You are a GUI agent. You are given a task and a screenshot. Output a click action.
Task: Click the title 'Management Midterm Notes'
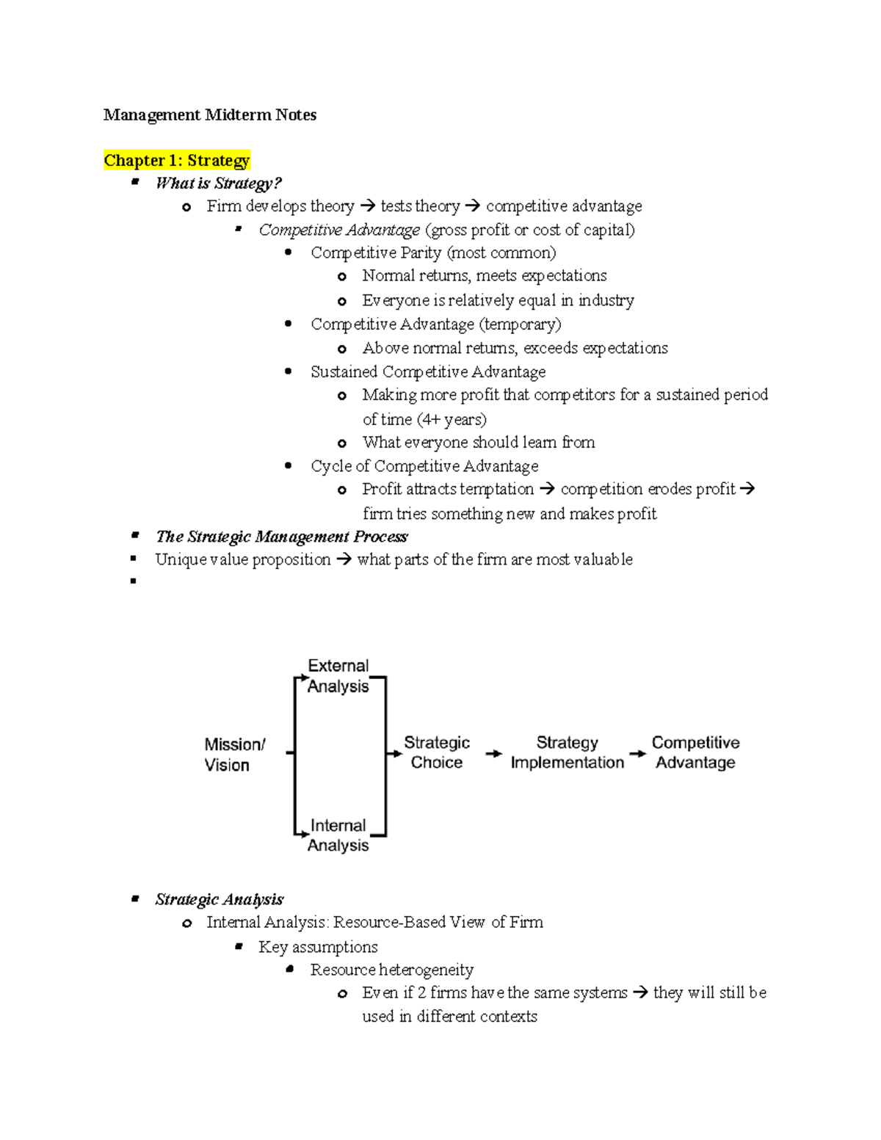click(210, 115)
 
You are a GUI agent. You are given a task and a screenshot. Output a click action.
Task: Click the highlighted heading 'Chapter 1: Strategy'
click(177, 161)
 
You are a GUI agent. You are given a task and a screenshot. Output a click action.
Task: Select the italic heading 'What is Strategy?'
click(218, 184)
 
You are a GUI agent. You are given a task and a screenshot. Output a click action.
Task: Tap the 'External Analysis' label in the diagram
click(338, 676)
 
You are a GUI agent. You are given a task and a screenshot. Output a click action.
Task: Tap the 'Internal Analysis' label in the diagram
click(338, 835)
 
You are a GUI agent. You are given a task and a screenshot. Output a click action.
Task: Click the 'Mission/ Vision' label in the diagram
click(234, 755)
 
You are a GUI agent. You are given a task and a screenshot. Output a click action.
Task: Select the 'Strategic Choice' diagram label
click(437, 752)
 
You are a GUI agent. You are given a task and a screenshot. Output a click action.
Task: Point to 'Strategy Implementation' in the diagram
click(568, 752)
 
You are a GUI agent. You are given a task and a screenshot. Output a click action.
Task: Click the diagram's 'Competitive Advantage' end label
click(695, 752)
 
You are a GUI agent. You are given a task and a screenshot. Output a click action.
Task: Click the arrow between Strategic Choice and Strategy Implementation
click(494, 754)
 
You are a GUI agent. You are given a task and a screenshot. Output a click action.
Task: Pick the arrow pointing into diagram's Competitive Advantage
click(637, 754)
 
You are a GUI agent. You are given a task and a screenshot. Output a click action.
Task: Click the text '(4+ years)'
click(452, 420)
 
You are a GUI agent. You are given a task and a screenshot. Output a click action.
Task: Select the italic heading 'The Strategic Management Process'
click(281, 537)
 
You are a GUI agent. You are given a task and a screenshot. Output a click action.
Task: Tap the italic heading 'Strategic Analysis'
click(219, 900)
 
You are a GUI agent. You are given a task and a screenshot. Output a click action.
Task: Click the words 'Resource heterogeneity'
click(391, 970)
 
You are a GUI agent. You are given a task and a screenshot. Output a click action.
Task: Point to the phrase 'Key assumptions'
click(318, 948)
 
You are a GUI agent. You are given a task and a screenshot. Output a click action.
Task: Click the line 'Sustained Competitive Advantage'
click(428, 372)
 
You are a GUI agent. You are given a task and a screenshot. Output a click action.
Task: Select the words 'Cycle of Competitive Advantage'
click(424, 467)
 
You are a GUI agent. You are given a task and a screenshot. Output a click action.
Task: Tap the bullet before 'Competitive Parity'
click(289, 253)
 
